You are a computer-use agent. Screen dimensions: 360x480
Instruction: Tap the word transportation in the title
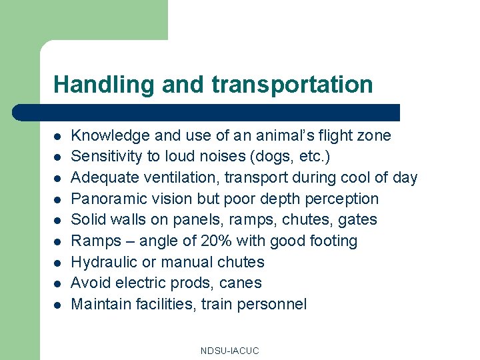pos(292,85)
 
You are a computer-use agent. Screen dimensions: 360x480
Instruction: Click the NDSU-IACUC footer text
pos(229,351)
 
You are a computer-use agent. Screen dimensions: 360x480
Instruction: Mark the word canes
pos(243,283)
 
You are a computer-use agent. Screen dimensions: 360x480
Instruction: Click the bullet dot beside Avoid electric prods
pos(58,283)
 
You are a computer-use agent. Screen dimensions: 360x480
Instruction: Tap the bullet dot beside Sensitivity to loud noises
pos(58,157)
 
